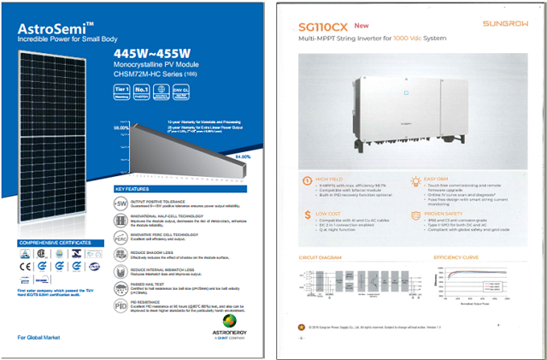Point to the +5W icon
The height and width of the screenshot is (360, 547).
[x=121, y=206]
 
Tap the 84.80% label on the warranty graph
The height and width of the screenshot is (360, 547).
[x=242, y=156]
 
